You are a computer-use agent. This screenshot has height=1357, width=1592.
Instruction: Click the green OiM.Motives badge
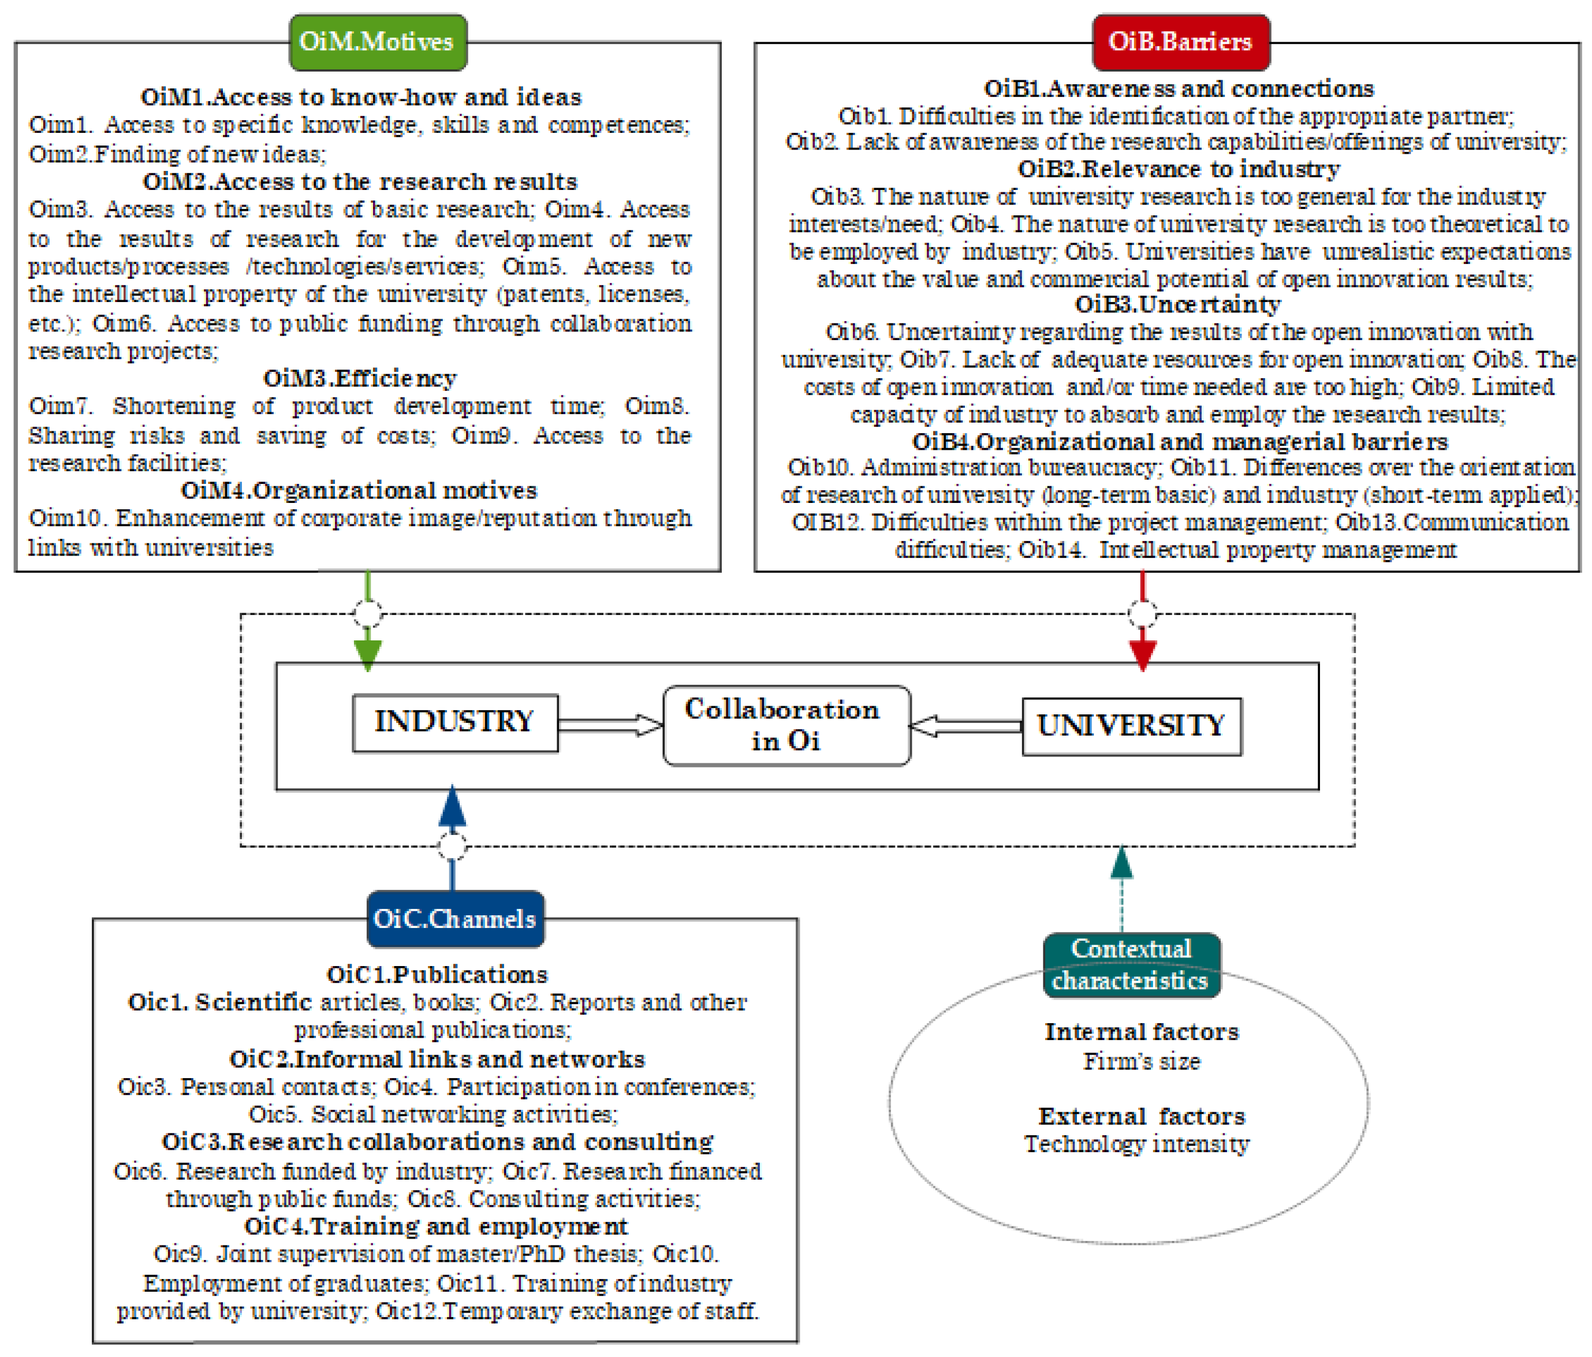[377, 42]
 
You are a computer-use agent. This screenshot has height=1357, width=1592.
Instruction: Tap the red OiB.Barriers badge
[1180, 42]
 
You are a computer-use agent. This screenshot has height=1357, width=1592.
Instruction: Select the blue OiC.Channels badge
[455, 919]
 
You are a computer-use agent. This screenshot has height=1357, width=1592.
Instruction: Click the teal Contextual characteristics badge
[1131, 965]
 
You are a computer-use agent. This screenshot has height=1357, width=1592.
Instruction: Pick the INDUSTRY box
[455, 723]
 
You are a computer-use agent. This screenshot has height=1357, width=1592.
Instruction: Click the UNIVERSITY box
[1131, 726]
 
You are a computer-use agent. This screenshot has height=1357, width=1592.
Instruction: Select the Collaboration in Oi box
[786, 725]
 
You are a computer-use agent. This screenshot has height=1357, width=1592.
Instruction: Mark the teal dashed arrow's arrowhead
[1122, 863]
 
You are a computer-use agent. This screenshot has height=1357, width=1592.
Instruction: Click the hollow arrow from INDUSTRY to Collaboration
[610, 725]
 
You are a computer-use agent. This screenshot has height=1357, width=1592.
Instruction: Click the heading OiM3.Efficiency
[360, 378]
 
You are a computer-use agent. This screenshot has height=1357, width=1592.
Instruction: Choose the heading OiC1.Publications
[437, 974]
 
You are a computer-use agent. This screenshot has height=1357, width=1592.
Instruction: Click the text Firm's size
[1141, 1061]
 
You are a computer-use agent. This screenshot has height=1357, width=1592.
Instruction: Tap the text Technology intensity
[1136, 1144]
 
